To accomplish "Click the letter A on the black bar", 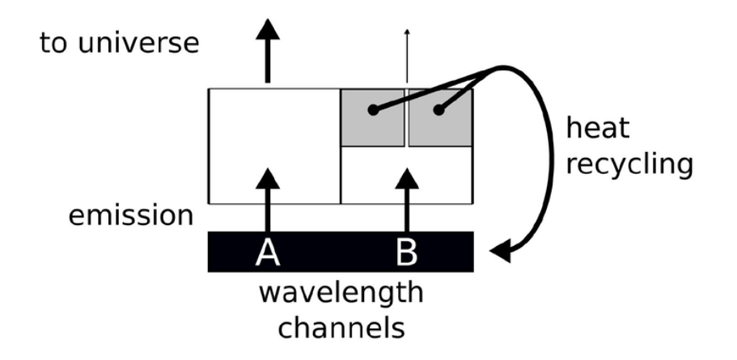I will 268,252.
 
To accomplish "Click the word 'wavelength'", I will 340,292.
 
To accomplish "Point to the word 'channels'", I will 340,328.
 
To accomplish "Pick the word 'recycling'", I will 629,163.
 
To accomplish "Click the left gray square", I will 373,117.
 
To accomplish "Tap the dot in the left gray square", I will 373,110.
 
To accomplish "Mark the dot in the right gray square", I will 438,110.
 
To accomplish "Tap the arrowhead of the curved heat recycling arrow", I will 499,252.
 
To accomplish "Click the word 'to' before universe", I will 57,43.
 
